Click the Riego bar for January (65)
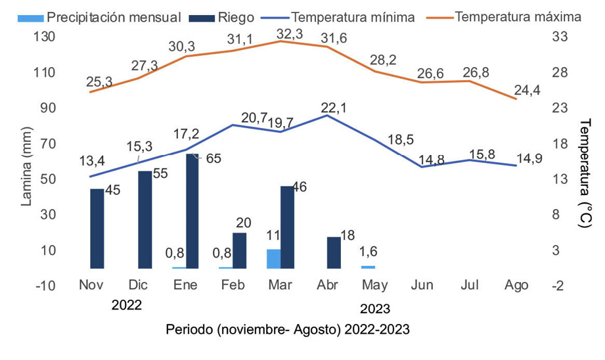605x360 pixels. click(x=192, y=211)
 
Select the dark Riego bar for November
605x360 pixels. click(x=97, y=228)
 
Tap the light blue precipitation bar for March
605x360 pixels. click(x=273, y=259)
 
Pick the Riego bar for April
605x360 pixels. click(x=334, y=252)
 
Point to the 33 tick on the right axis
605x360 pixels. click(x=562, y=37)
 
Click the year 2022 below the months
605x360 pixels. click(x=127, y=305)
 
